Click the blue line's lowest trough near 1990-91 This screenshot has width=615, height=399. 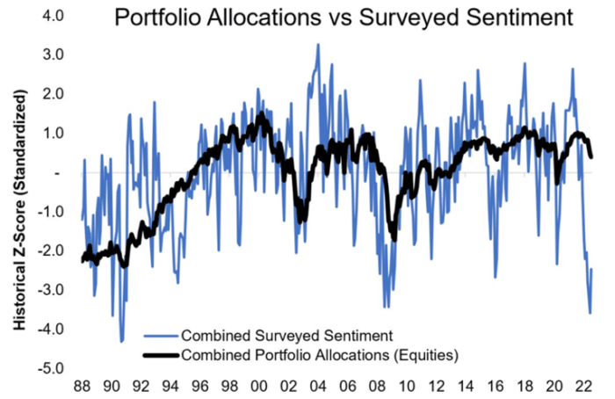click(x=121, y=341)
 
